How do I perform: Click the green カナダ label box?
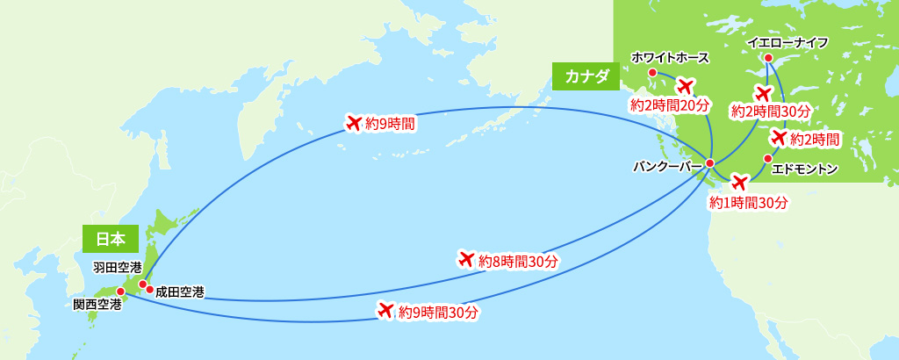[586, 76]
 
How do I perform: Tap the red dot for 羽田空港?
[142, 284]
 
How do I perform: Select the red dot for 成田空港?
[150, 290]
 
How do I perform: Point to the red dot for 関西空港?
[120, 292]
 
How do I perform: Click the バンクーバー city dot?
[709, 163]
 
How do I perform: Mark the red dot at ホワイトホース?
[652, 73]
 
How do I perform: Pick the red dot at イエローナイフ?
[767, 59]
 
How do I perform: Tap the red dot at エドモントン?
[767, 158]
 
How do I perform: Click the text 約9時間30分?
[437, 312]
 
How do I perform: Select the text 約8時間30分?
[518, 261]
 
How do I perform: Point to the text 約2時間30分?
[770, 112]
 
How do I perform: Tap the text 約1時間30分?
[748, 203]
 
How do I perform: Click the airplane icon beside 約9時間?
[355, 122]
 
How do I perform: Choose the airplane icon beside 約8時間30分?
[466, 259]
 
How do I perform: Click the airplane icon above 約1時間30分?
[739, 183]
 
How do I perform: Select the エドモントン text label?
[804, 169]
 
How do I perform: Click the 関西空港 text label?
[97, 305]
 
